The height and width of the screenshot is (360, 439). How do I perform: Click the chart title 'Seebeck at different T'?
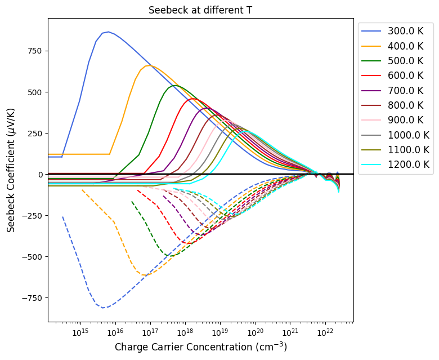pos(200,10)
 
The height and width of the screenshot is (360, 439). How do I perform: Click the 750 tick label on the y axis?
pos(35,51)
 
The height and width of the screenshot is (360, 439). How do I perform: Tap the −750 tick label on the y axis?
pos(32,298)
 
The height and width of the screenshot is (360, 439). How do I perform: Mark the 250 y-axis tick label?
pos(35,134)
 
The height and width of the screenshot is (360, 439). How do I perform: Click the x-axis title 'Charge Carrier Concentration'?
pos(200,346)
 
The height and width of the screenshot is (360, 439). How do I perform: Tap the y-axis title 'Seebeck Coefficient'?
pos(11,171)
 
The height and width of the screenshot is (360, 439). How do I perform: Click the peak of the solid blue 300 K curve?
pos(108,32)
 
